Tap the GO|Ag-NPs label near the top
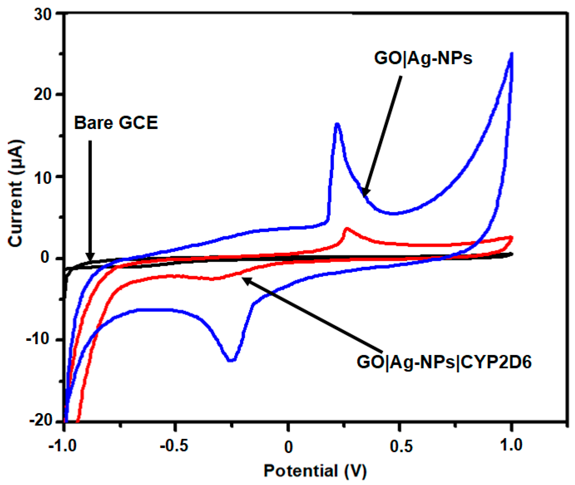[x=423, y=58]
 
